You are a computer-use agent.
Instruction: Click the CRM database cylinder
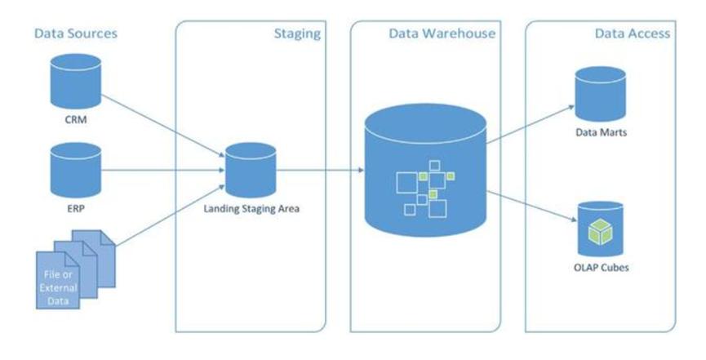75,76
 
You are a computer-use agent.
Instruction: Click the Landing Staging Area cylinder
250,167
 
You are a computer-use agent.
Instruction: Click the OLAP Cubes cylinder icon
600,224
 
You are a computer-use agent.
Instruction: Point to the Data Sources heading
75,33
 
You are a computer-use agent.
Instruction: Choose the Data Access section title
633,34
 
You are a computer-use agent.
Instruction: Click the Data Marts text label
601,131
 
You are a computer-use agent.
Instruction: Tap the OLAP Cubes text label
601,265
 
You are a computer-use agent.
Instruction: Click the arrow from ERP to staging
163,171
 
